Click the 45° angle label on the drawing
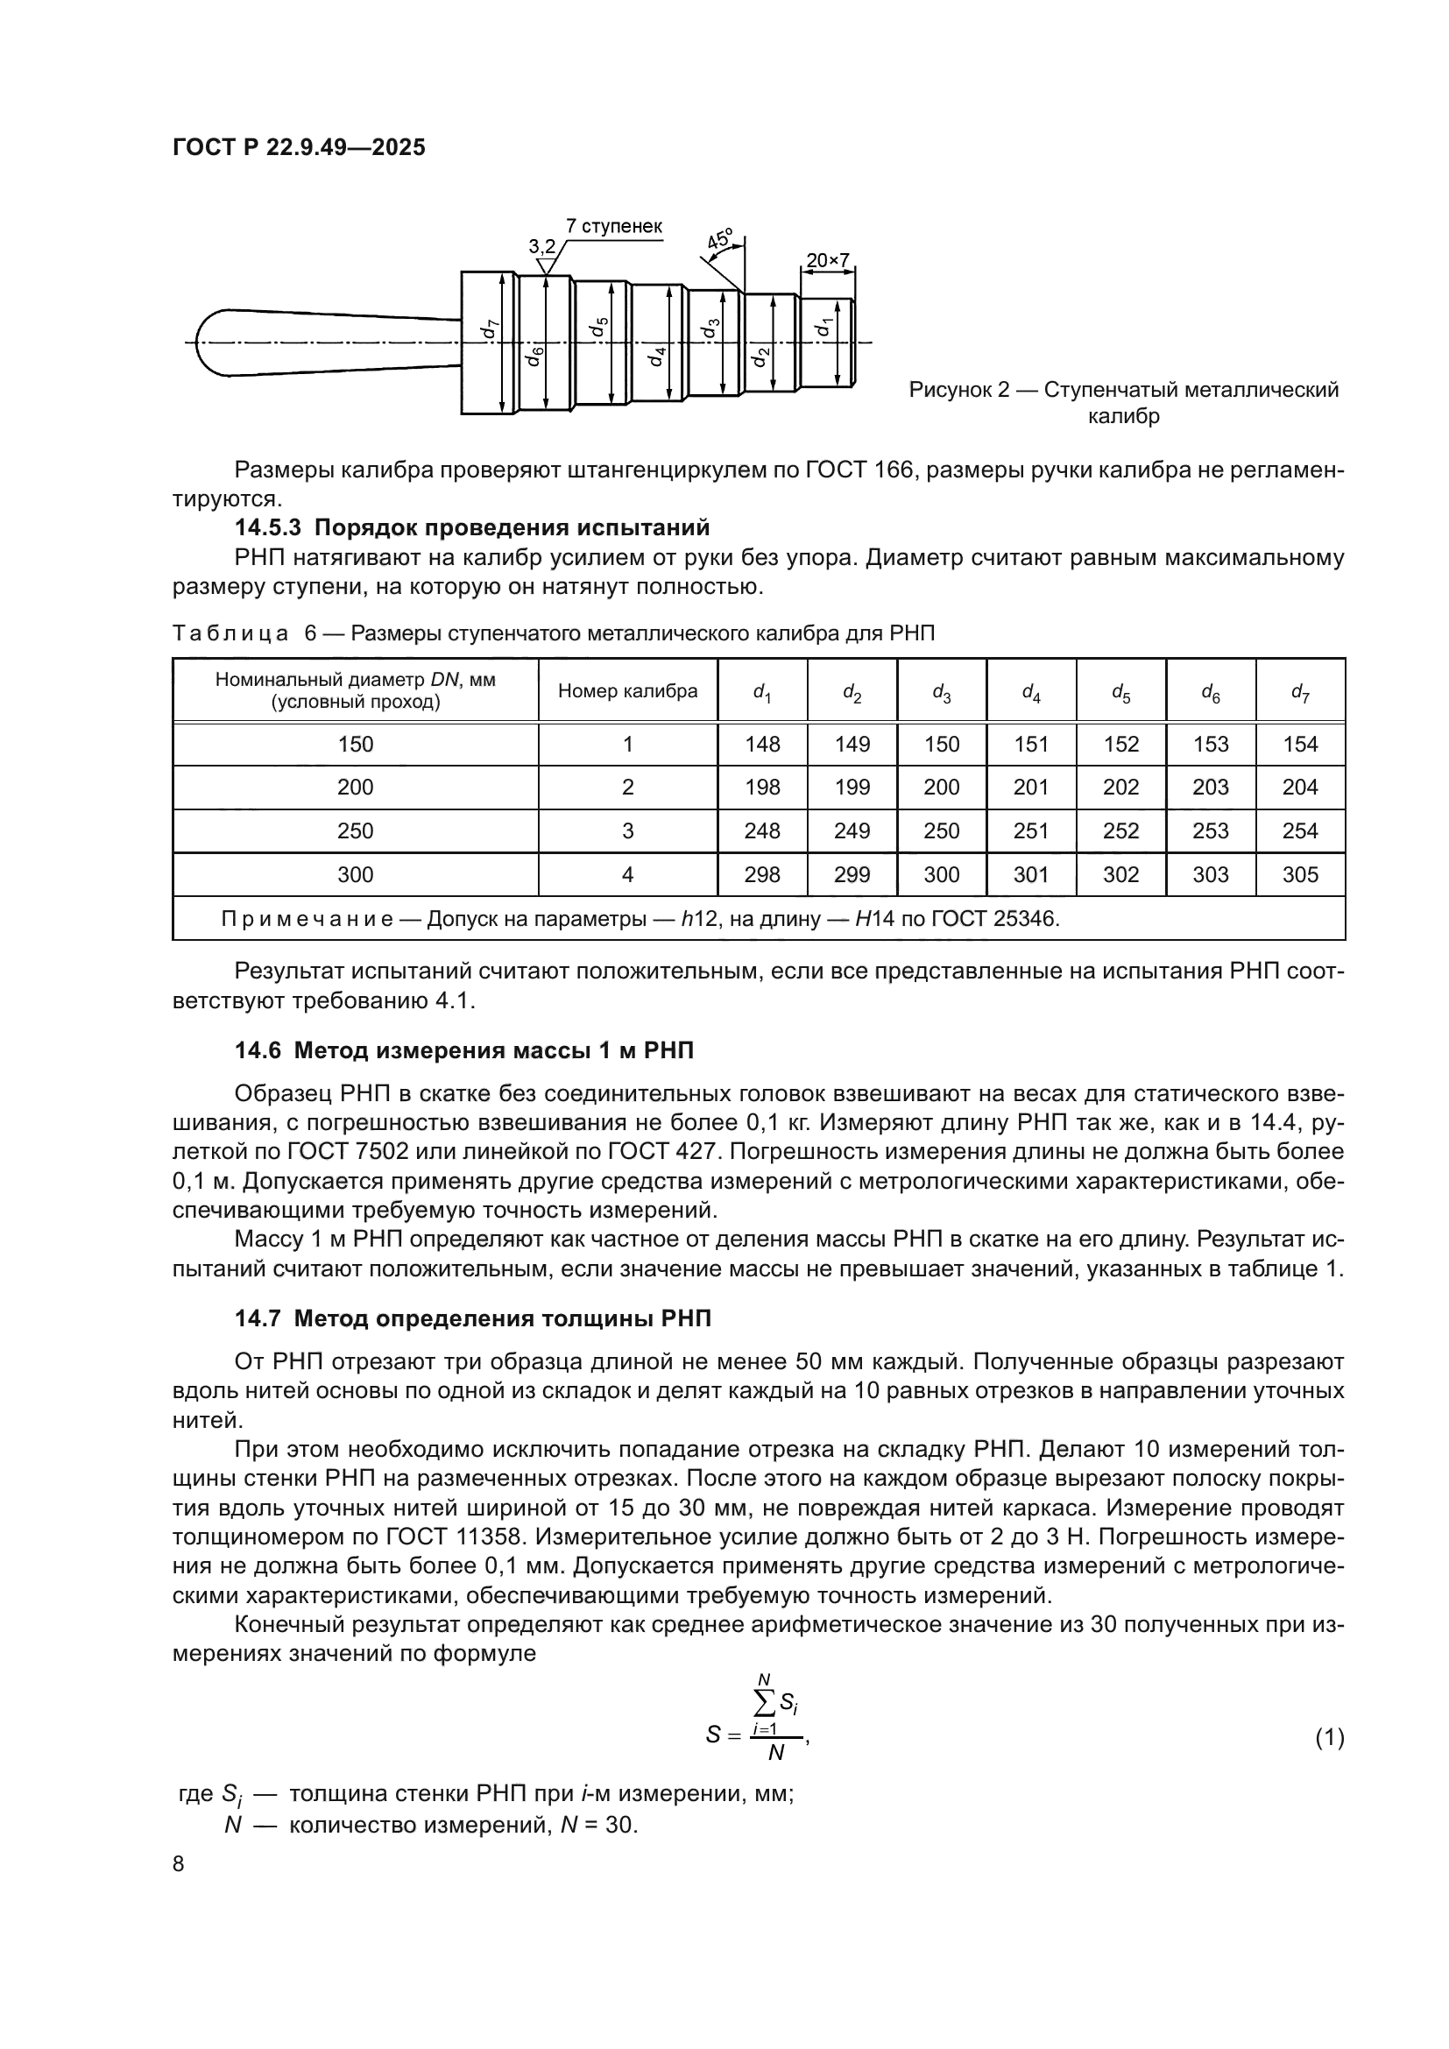pos(720,240)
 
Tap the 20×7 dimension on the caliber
pos(827,260)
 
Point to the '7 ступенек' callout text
pos(614,227)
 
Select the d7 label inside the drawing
pos(488,329)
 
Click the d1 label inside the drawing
pos(823,328)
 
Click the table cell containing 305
pos(1299,874)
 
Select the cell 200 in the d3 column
pos(941,788)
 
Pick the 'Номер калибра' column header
pos(627,690)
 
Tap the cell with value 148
pos(762,745)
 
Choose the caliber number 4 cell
pos(627,874)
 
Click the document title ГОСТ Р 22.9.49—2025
pos(299,148)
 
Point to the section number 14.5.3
pos(269,527)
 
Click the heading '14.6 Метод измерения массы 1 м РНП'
pos(464,1050)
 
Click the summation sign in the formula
pos(765,1703)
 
